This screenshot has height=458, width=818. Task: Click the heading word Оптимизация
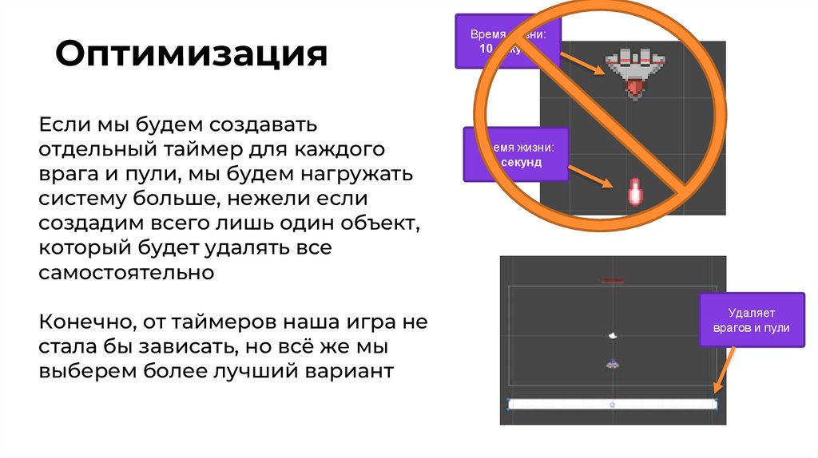click(x=191, y=56)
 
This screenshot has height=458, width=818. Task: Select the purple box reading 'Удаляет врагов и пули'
click(x=752, y=320)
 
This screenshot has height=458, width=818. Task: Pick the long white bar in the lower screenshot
click(x=612, y=404)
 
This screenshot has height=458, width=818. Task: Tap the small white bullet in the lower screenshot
click(x=613, y=336)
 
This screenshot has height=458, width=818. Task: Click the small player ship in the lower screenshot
click(x=613, y=363)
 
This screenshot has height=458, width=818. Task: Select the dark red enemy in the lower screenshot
click(x=613, y=281)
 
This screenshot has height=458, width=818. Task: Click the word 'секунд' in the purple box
click(x=522, y=162)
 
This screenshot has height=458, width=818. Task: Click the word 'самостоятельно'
click(x=127, y=272)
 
